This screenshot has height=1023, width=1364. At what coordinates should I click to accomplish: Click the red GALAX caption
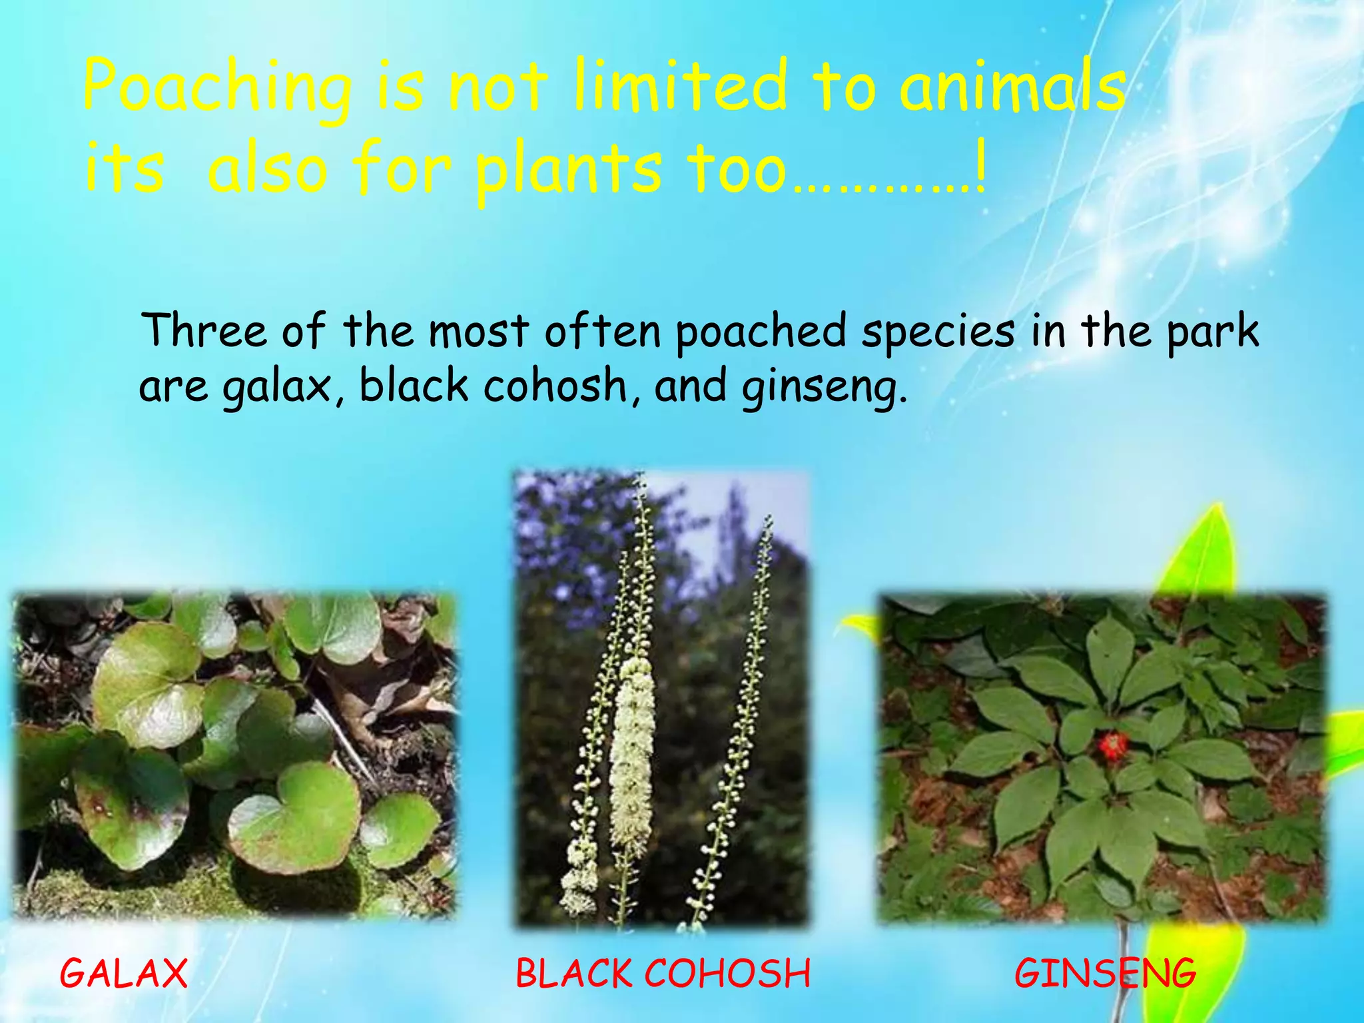click(124, 974)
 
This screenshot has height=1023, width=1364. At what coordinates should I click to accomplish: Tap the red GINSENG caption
click(1106, 974)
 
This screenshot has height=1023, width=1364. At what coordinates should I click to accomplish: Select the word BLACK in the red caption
click(574, 974)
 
